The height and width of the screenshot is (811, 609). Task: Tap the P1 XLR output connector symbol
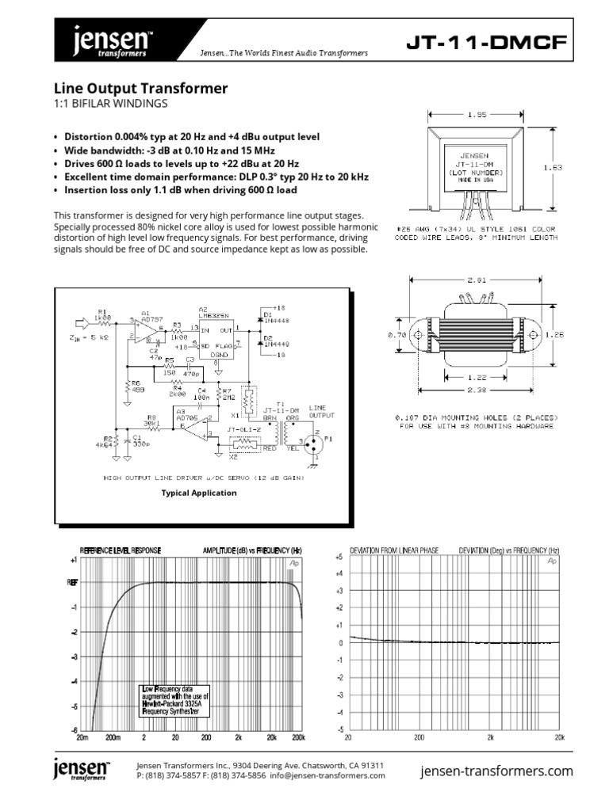pyautogui.click(x=316, y=444)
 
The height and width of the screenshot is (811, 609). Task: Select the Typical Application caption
pyautogui.click(x=199, y=493)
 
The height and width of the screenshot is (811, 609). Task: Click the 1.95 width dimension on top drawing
pyautogui.click(x=476, y=114)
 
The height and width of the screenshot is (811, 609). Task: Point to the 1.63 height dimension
pyautogui.click(x=554, y=167)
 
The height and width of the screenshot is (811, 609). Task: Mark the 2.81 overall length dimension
pyautogui.click(x=476, y=280)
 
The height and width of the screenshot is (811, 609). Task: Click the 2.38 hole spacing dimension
pyautogui.click(x=476, y=390)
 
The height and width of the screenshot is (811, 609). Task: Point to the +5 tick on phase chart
pyautogui.click(x=339, y=557)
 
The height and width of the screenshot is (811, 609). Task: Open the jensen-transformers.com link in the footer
pyautogui.click(x=496, y=771)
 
